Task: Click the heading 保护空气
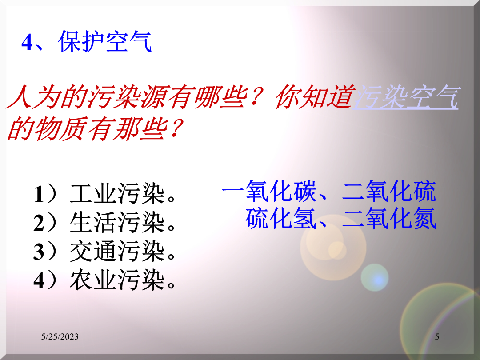point(105,41)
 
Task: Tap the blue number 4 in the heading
point(27,42)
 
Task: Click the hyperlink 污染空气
point(406,97)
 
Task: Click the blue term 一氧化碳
point(269,191)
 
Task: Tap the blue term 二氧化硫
point(389,191)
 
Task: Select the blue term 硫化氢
point(281,218)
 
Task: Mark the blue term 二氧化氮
point(389,218)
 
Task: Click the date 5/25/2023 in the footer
point(60,337)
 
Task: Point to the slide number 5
point(437,337)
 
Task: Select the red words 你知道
point(314,97)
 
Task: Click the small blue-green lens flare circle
point(375,277)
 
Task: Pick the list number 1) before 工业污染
point(45,194)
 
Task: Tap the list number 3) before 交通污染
point(45,251)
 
